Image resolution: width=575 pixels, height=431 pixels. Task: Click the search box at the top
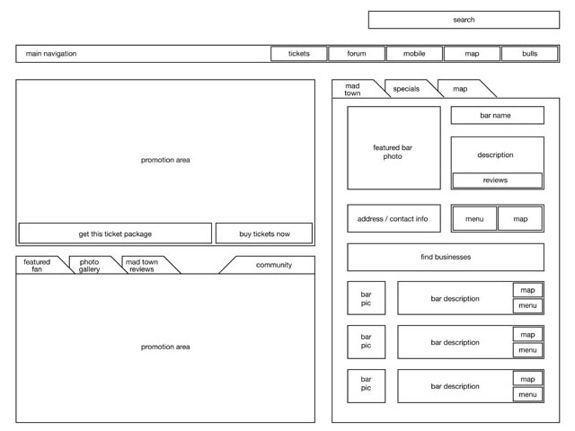[463, 20]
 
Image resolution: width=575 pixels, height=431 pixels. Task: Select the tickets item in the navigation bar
[298, 54]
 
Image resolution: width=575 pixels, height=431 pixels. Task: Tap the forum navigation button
[357, 54]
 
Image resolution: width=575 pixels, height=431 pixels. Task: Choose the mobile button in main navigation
[414, 54]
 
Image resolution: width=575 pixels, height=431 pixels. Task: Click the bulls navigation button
[529, 54]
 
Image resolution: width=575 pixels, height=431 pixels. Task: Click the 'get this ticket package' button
[115, 233]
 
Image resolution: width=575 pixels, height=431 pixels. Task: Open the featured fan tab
[38, 265]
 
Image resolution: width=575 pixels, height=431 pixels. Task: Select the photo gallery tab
[90, 265]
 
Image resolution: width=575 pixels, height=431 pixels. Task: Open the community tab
[273, 265]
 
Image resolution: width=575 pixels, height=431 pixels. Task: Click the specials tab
[406, 89]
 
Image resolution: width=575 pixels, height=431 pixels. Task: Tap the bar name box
[497, 115]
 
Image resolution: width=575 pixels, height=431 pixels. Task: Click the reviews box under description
[496, 180]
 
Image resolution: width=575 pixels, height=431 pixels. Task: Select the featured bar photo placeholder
[394, 148]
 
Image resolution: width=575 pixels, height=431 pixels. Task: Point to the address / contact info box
[394, 218]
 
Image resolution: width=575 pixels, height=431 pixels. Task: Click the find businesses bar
[446, 257]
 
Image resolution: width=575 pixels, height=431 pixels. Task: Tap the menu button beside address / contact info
[473, 218]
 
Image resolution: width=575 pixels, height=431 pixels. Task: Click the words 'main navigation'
[51, 54]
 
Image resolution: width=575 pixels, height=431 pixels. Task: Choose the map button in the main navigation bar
[472, 54]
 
